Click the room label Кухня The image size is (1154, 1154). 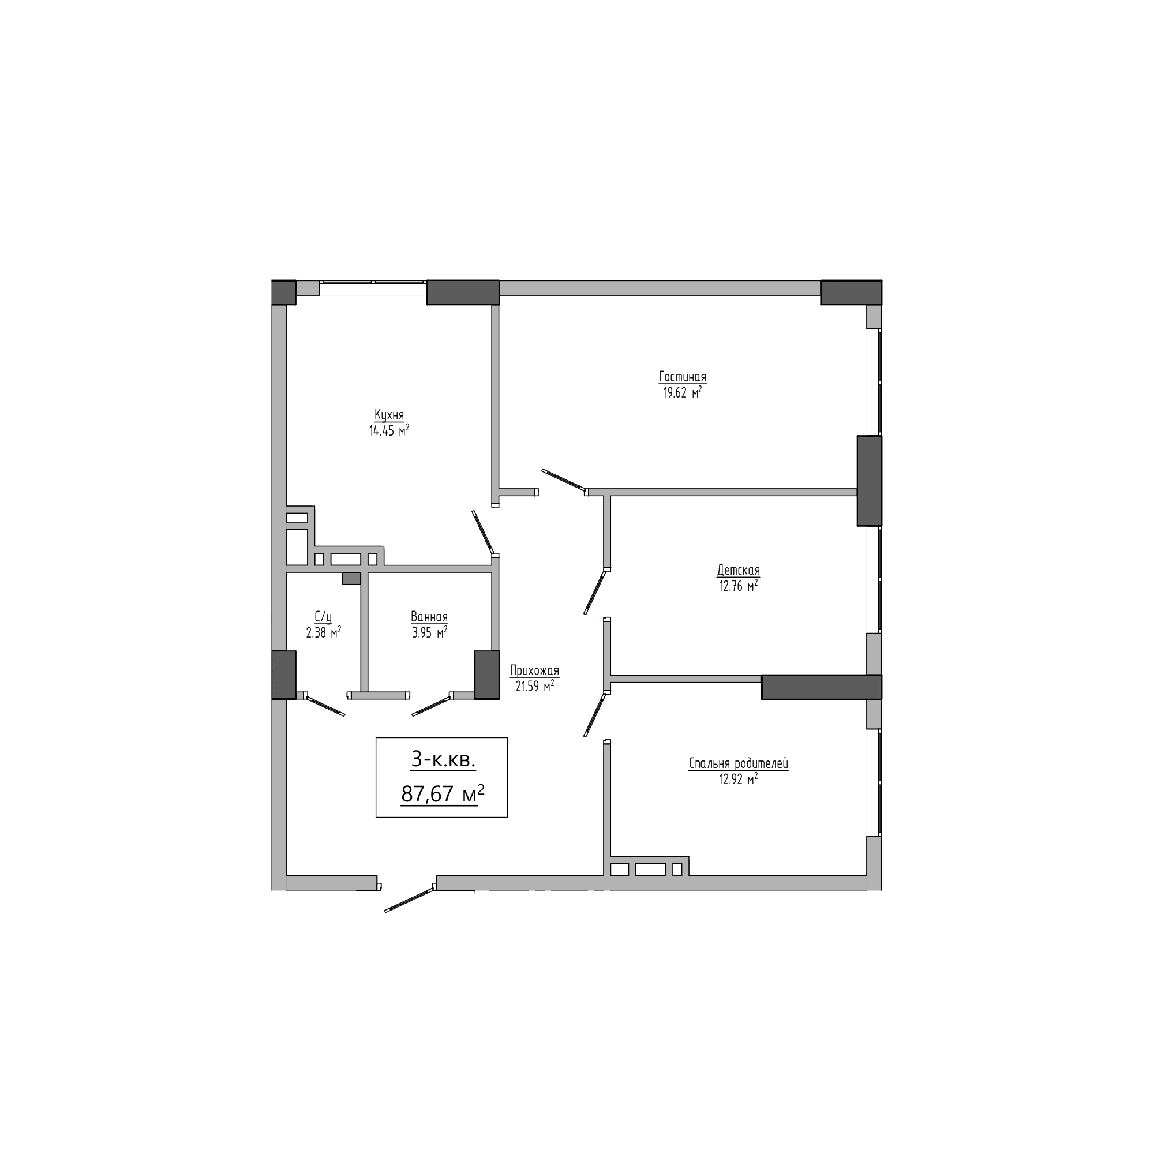click(389, 414)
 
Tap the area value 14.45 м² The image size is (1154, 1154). click(389, 430)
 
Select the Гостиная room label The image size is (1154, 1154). click(682, 377)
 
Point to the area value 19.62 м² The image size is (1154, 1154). click(682, 392)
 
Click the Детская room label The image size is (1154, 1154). click(739, 570)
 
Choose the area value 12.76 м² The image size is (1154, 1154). click(739, 586)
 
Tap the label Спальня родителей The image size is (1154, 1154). click(739, 763)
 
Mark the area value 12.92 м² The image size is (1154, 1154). click(739, 780)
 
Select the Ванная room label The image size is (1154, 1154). click(429, 616)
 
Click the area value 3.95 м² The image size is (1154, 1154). click(429, 632)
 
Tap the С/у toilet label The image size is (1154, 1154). click(323, 616)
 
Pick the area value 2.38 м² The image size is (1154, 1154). click(323, 632)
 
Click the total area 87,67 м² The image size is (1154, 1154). click(442, 795)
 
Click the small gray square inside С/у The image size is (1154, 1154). click(351, 578)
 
